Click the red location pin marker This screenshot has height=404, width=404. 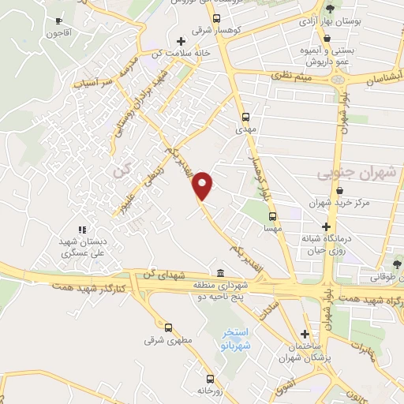[203, 185]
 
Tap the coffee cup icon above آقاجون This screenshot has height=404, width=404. [58, 21]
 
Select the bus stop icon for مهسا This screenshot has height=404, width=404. [272, 215]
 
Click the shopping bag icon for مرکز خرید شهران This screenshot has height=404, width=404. [339, 191]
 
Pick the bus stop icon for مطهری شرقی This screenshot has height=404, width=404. [167, 327]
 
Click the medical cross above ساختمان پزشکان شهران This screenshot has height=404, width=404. [305, 334]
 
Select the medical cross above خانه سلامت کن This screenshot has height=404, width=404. [181, 40]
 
